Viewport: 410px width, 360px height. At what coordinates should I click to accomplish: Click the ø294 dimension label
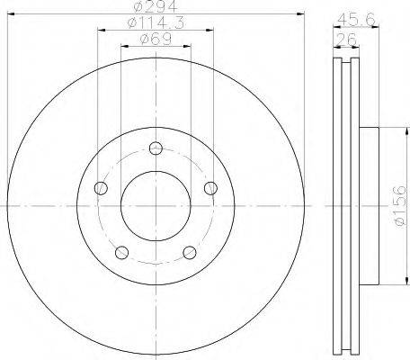(156, 6)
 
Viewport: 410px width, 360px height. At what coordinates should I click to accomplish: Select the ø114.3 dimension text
(156, 23)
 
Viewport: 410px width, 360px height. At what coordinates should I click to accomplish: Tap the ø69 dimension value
(156, 40)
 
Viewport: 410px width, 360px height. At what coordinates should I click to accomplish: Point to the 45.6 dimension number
(356, 21)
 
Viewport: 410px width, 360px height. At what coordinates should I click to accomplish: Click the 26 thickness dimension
(346, 40)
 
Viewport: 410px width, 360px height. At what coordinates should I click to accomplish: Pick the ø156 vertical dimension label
(400, 205)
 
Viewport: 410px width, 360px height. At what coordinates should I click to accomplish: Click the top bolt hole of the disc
(156, 148)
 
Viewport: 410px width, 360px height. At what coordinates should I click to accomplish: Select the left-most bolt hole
(101, 188)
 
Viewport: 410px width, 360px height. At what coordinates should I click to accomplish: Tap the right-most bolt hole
(210, 188)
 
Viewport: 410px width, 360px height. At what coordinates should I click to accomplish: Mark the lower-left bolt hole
(122, 253)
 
